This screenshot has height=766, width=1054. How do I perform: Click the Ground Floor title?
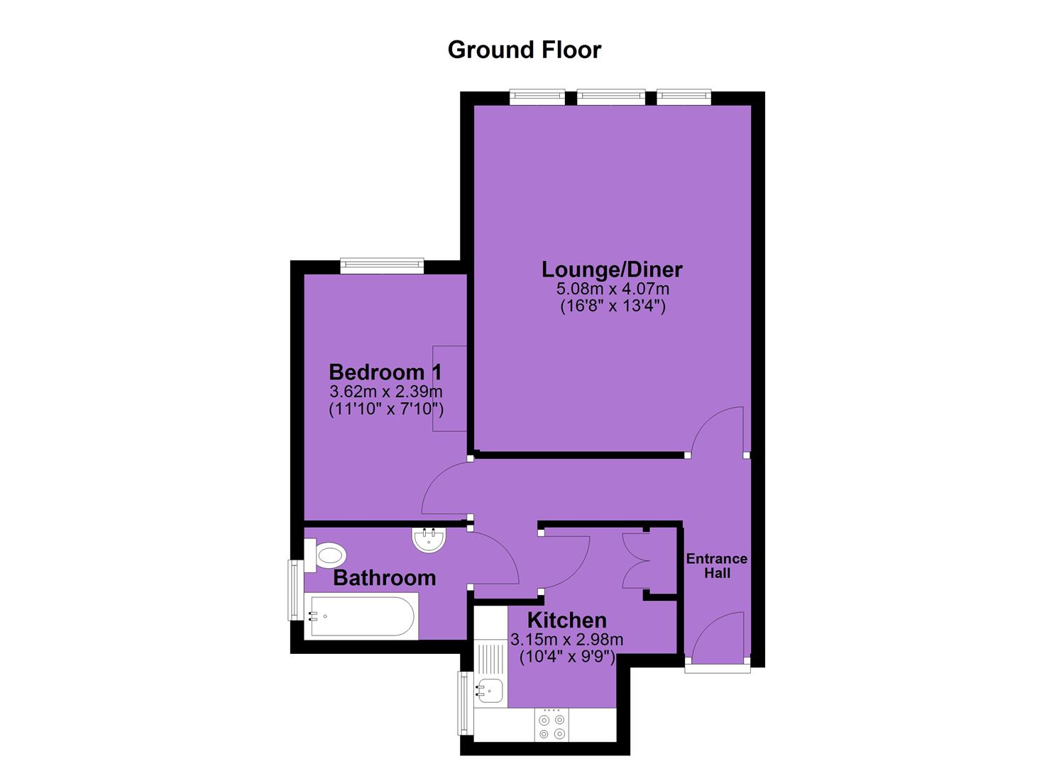pos(525,50)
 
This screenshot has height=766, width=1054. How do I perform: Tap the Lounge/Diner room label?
pos(612,270)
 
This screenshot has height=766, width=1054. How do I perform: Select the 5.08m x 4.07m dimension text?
pos(613,288)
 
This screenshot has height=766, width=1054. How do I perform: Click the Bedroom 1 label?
pos(385,372)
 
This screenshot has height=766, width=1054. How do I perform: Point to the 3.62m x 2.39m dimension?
pos(386,391)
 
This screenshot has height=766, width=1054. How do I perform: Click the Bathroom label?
pos(385,578)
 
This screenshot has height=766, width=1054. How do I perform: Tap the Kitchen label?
pos(566,620)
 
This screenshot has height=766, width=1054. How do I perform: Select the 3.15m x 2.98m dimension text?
pos(566,640)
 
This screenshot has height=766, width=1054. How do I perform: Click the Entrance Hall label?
pos(717,566)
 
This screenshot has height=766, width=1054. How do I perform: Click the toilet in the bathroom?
pos(325,555)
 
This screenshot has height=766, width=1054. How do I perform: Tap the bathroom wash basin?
pos(428,539)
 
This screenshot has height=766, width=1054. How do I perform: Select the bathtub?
pos(361,616)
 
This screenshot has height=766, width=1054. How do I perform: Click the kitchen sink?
pos(489,692)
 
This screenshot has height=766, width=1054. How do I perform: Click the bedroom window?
pos(382,266)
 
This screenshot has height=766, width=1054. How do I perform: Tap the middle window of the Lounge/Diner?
pos(611,97)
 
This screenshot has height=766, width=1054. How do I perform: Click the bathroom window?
pos(296,590)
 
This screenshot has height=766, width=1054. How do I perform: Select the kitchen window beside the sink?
pos(466,704)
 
